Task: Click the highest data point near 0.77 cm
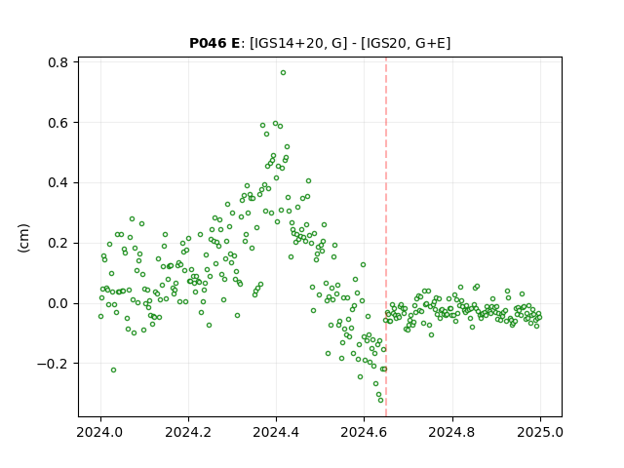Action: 283,73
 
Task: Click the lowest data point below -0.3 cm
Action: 380,401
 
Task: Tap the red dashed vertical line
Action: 386,237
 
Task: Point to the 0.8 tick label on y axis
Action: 58,62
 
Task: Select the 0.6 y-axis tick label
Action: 58,123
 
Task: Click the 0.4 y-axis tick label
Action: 58,183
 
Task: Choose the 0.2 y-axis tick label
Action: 58,243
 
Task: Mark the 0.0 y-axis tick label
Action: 58,303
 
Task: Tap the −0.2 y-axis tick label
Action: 53,364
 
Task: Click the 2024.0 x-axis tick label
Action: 100,432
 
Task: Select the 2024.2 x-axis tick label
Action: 188,432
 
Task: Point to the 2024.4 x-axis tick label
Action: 276,432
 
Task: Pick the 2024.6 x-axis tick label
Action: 364,432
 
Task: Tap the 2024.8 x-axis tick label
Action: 452,432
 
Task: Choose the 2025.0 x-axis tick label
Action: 540,432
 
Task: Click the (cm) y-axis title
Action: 23,238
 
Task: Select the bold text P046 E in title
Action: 214,43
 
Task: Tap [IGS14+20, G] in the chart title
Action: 295,43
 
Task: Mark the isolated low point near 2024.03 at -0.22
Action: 113,370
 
